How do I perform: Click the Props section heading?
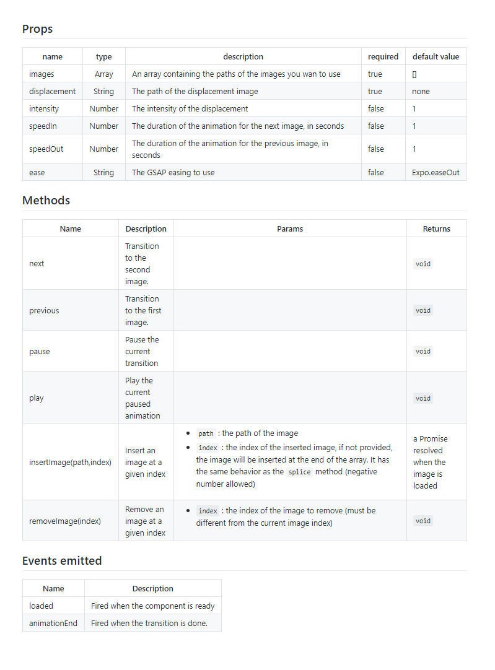click(37, 29)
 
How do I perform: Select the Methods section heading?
click(46, 201)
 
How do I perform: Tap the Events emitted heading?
click(62, 561)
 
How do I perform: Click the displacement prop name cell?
click(52, 91)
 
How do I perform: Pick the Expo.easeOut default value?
click(436, 172)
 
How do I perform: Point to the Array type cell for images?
click(103, 74)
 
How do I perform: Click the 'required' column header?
click(383, 56)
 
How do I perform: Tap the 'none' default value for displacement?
click(421, 91)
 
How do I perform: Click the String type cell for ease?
click(103, 172)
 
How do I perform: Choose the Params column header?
click(290, 228)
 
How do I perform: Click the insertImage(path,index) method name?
click(70, 462)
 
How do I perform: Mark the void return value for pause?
click(423, 351)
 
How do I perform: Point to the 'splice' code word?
click(299, 472)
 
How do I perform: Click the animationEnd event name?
click(53, 623)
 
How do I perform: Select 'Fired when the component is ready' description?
click(152, 606)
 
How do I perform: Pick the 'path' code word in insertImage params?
click(206, 433)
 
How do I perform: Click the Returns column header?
click(436, 228)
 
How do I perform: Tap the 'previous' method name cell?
click(44, 310)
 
